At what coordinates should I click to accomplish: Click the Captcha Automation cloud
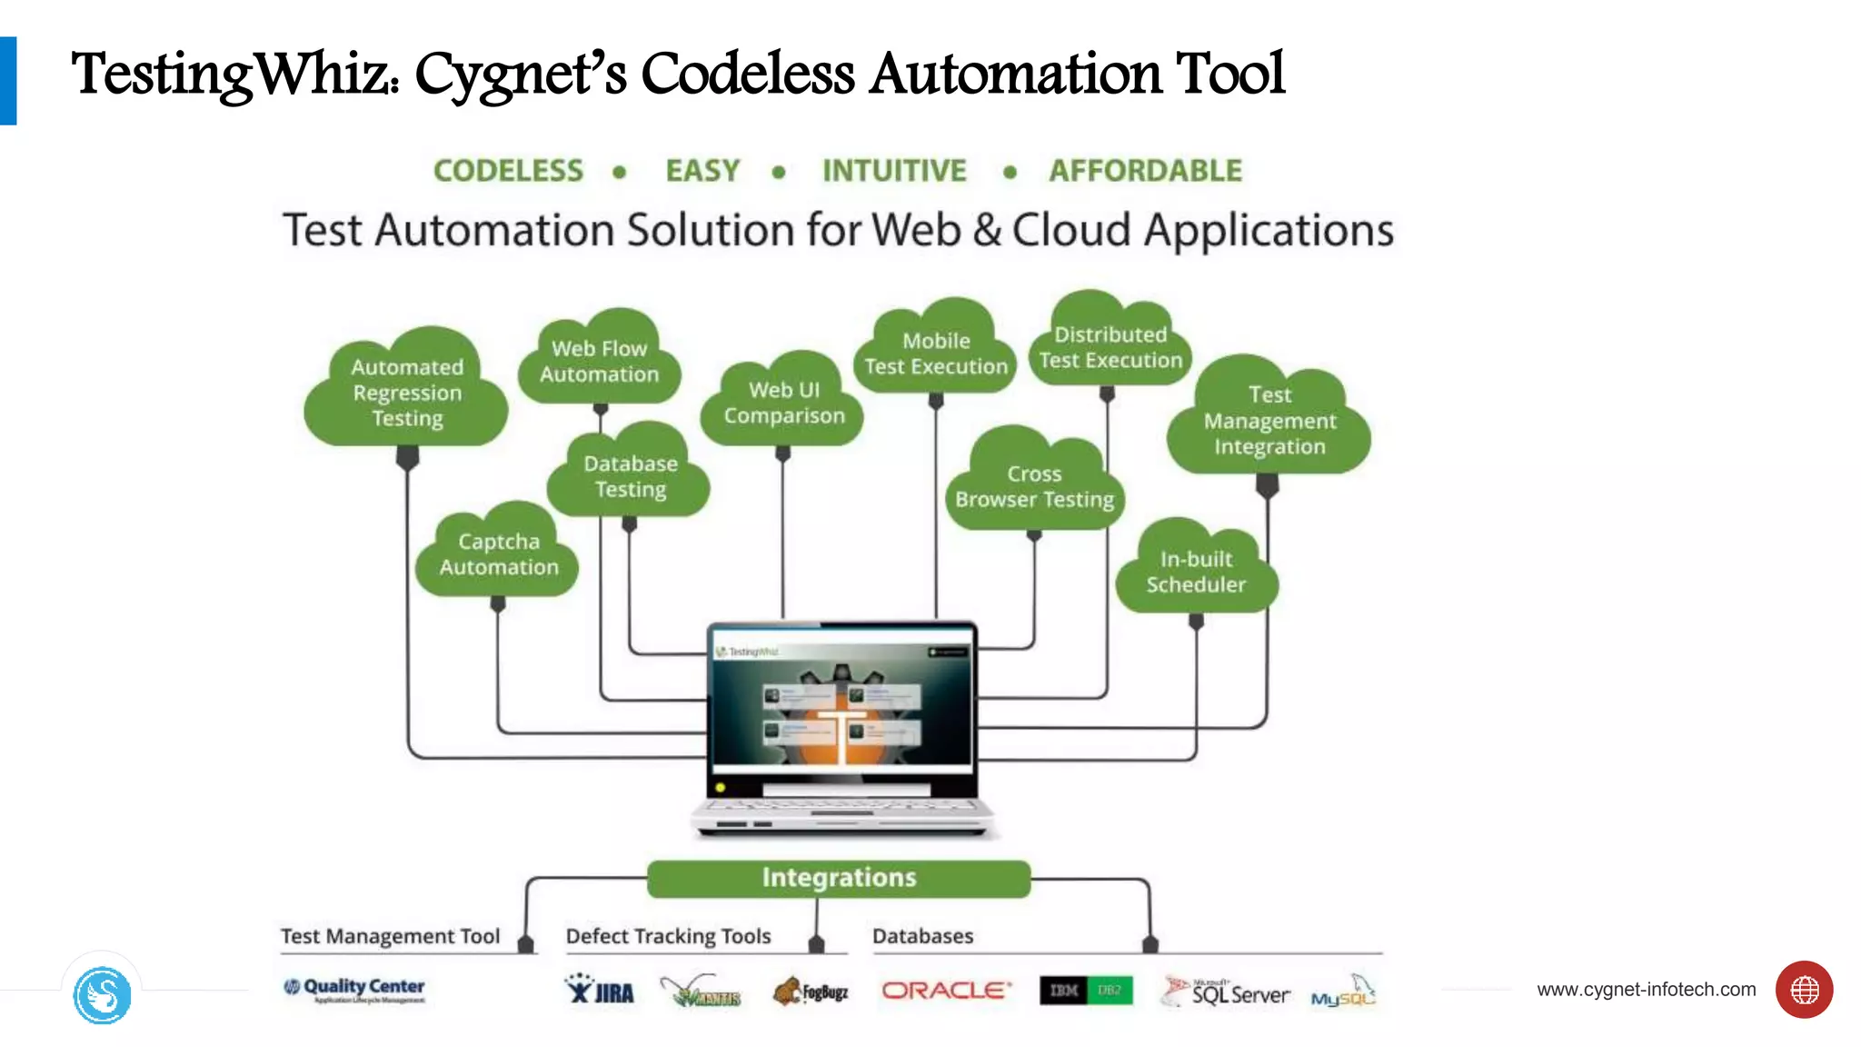pyautogui.click(x=498, y=553)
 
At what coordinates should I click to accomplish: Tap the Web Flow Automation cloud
pyautogui.click(x=600, y=361)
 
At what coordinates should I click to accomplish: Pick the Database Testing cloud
pyautogui.click(x=630, y=475)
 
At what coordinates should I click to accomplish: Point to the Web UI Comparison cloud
pyautogui.click(x=783, y=403)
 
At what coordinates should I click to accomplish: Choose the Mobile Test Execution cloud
pyautogui.click(x=936, y=354)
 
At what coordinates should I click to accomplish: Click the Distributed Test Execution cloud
pyautogui.click(x=1110, y=347)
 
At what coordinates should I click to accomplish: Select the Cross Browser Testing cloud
pyautogui.click(x=1034, y=486)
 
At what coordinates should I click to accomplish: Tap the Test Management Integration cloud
pyautogui.click(x=1269, y=420)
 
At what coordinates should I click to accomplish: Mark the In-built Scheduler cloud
pyautogui.click(x=1196, y=572)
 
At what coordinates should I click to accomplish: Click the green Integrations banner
pyautogui.click(x=839, y=878)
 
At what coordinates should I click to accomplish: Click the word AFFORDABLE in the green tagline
pyautogui.click(x=1145, y=171)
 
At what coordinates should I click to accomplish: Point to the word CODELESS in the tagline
pyautogui.click(x=508, y=171)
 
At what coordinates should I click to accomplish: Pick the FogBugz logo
pyautogui.click(x=811, y=991)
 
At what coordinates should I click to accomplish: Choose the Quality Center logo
pyautogui.click(x=354, y=989)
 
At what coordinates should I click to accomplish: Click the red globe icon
pyautogui.click(x=1804, y=990)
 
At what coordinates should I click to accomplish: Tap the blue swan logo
pyautogui.click(x=102, y=995)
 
